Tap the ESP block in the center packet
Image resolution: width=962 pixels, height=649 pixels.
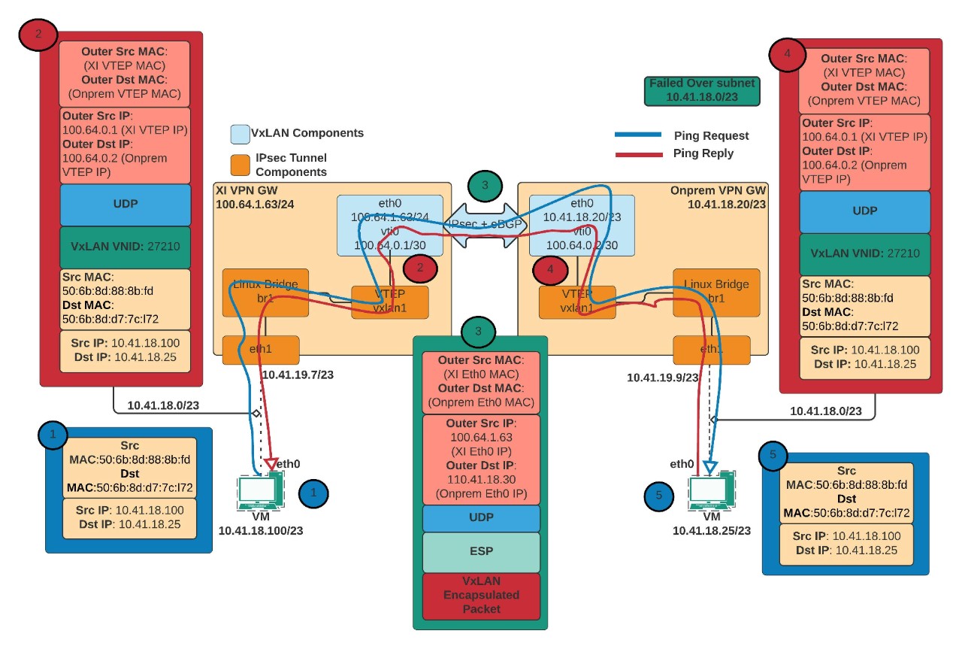click(481, 551)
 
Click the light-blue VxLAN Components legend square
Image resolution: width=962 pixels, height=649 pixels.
click(240, 134)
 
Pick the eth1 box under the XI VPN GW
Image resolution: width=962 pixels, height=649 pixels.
click(260, 350)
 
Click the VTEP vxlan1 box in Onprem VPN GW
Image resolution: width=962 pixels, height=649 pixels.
click(577, 301)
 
